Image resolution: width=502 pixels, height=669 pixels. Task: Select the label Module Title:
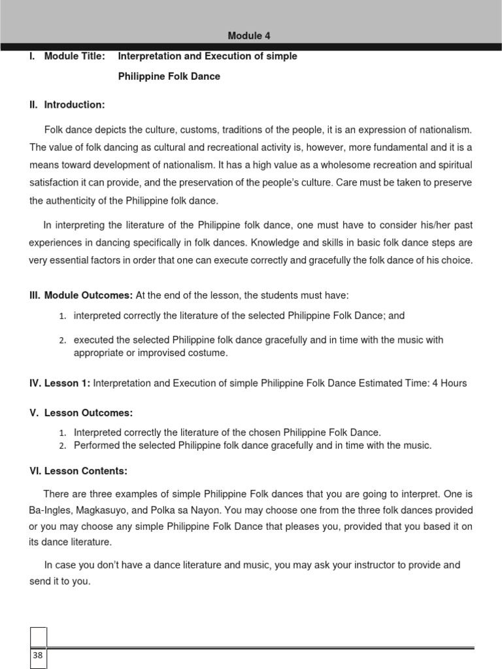[74, 56]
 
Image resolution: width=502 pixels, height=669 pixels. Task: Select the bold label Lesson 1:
[67, 383]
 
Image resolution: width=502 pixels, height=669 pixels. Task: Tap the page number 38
[37, 655]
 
